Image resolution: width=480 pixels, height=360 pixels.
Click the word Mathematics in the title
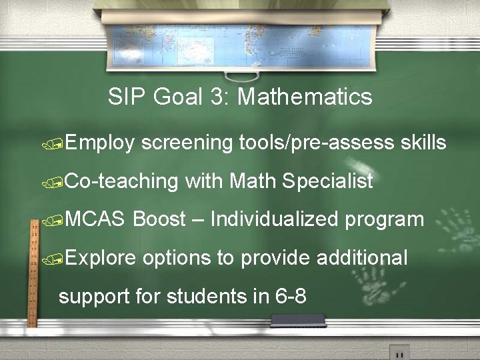pyautogui.click(x=305, y=97)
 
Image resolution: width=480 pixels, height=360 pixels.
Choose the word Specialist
pyautogui.click(x=327, y=181)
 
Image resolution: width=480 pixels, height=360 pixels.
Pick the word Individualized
pyautogui.click(x=274, y=219)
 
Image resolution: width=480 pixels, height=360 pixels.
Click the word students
pyautogui.click(x=208, y=295)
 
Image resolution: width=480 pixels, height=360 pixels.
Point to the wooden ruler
pyautogui.click(x=31, y=273)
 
